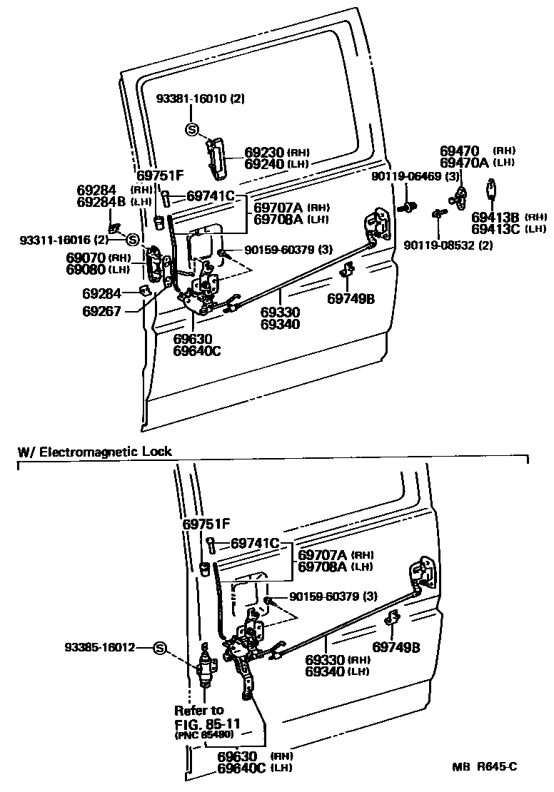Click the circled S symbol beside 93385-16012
[159, 648]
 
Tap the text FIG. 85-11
[207, 723]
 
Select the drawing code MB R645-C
[485, 767]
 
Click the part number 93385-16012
[99, 648]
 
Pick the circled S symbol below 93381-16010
[191, 129]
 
